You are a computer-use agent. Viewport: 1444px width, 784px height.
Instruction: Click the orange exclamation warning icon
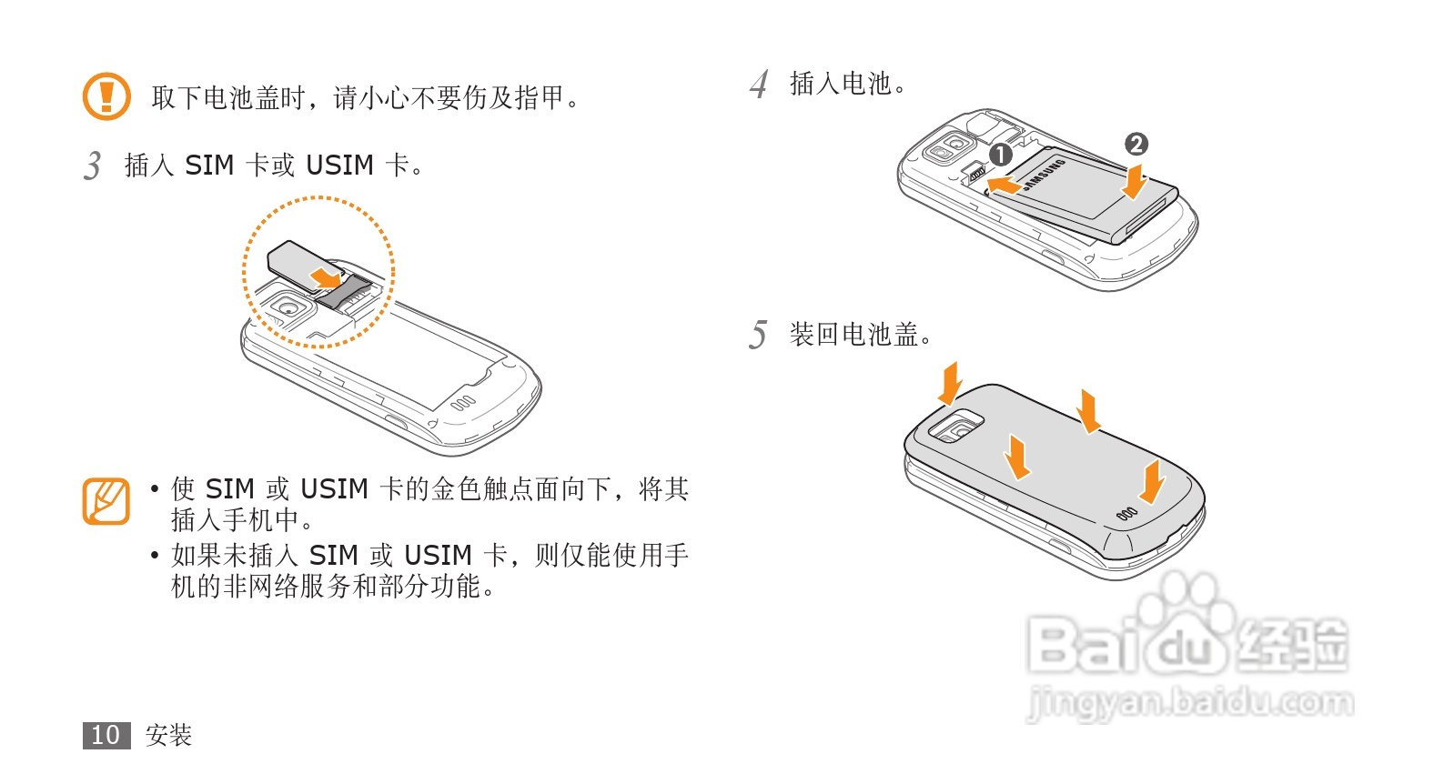pyautogui.click(x=106, y=96)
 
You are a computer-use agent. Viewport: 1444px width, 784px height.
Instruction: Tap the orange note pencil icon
pyautogui.click(x=106, y=501)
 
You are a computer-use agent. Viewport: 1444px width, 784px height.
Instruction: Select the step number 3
pyautogui.click(x=92, y=166)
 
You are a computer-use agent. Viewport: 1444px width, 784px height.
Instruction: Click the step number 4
pyautogui.click(x=760, y=85)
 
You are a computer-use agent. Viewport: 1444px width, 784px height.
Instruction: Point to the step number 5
pyautogui.click(x=758, y=335)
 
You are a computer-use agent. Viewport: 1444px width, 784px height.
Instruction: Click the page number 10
pyautogui.click(x=106, y=735)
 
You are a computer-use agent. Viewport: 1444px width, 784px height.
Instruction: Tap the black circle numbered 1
pyautogui.click(x=1001, y=155)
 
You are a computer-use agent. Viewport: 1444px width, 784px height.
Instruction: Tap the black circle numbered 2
pyautogui.click(x=1136, y=144)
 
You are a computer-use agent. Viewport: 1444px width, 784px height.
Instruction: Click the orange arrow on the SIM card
pyautogui.click(x=326, y=278)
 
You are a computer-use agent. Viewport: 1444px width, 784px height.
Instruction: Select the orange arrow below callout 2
pyautogui.click(x=1134, y=182)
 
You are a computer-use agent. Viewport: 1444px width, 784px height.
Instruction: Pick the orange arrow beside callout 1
pyautogui.click(x=1005, y=185)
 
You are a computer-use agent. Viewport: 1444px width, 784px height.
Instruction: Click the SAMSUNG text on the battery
pyautogui.click(x=1045, y=174)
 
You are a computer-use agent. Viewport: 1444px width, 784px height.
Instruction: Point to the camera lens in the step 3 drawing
pyautogui.click(x=288, y=309)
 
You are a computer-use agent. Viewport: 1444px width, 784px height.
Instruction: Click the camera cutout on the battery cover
pyautogui.click(x=955, y=425)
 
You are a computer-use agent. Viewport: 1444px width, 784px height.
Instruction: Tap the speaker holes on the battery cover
pyautogui.click(x=1126, y=514)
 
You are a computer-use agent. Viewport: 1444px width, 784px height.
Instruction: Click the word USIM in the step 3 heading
pyautogui.click(x=339, y=166)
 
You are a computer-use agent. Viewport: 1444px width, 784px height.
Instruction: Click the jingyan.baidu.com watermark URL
pyautogui.click(x=1190, y=702)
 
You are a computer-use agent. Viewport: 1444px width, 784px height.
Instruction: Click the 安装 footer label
pyautogui.click(x=169, y=735)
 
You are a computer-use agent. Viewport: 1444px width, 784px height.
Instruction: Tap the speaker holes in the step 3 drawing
pyautogui.click(x=463, y=403)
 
